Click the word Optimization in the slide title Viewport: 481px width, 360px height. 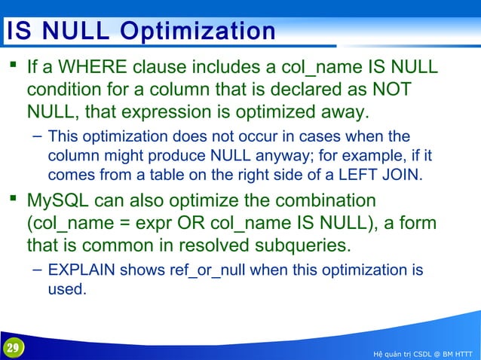pos(198,32)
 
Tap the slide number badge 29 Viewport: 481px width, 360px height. pos(12,348)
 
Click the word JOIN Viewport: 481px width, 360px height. pos(402,175)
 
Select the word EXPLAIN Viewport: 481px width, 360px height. pos(81,270)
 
